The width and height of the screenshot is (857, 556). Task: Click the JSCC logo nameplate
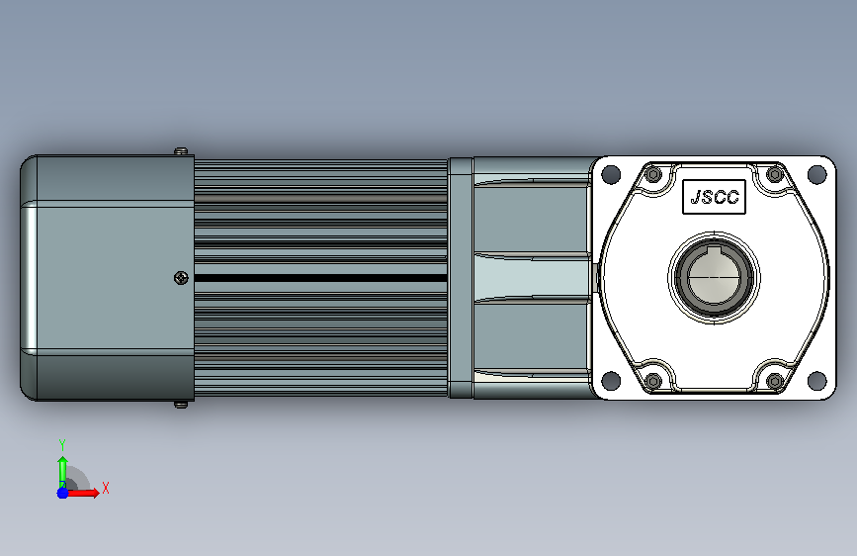click(714, 197)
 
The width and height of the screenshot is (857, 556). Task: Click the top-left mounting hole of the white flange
click(611, 174)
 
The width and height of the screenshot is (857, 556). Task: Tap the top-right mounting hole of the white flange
click(816, 174)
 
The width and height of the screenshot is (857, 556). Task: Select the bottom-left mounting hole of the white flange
click(611, 380)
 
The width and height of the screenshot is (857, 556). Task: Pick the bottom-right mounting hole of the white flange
click(816, 380)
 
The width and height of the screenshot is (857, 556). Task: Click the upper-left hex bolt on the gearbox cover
click(653, 174)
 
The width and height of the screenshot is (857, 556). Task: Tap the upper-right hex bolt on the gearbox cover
click(775, 174)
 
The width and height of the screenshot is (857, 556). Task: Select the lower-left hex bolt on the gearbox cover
click(653, 380)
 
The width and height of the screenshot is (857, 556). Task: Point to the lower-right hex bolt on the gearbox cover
click(775, 380)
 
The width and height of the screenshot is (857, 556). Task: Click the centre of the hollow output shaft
click(714, 277)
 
